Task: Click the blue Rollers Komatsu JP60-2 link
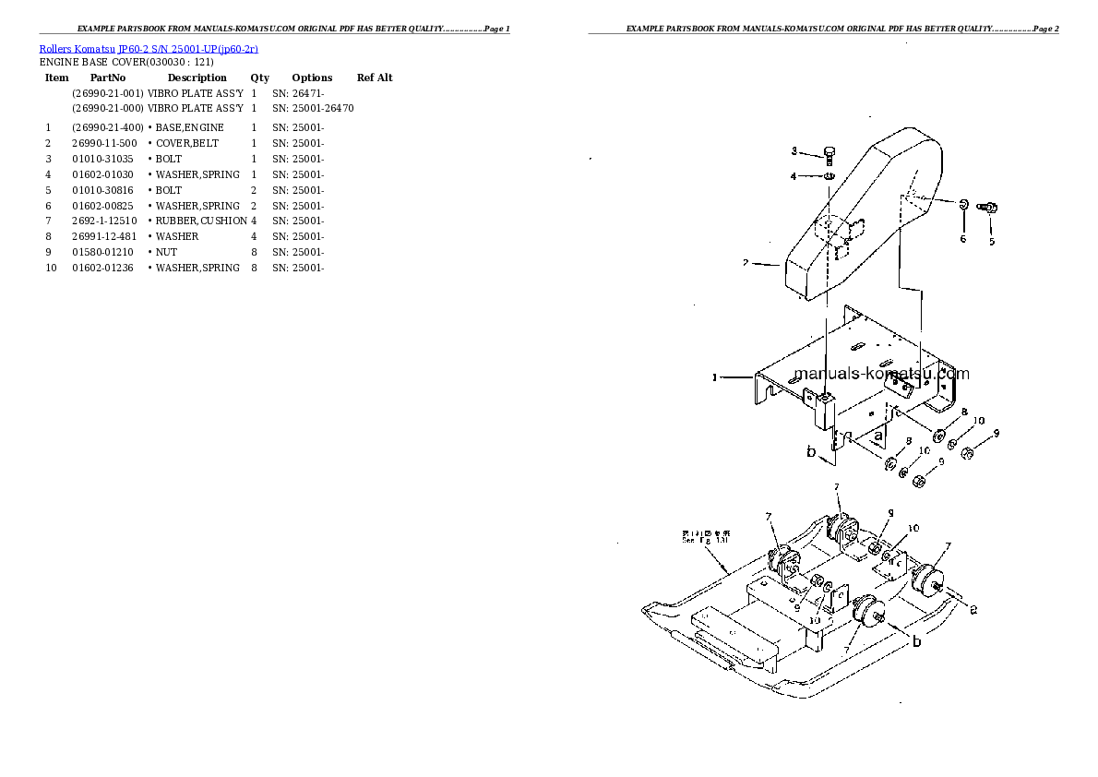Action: pos(148,48)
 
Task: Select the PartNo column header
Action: pos(108,78)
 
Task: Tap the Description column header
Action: pos(197,78)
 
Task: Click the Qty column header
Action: pos(260,78)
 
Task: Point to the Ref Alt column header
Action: pos(375,78)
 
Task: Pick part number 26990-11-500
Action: pos(104,143)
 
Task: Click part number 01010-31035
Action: pos(101,159)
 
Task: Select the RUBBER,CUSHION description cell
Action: pos(200,221)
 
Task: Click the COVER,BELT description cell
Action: pos(187,143)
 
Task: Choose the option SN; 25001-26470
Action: pos(313,108)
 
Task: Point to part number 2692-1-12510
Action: pos(104,221)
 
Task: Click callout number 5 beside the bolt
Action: pos(992,242)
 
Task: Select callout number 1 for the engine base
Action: pos(714,377)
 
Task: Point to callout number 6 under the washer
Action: pos(962,239)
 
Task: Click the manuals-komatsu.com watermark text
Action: pos(881,374)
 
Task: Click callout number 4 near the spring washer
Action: pos(794,175)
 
